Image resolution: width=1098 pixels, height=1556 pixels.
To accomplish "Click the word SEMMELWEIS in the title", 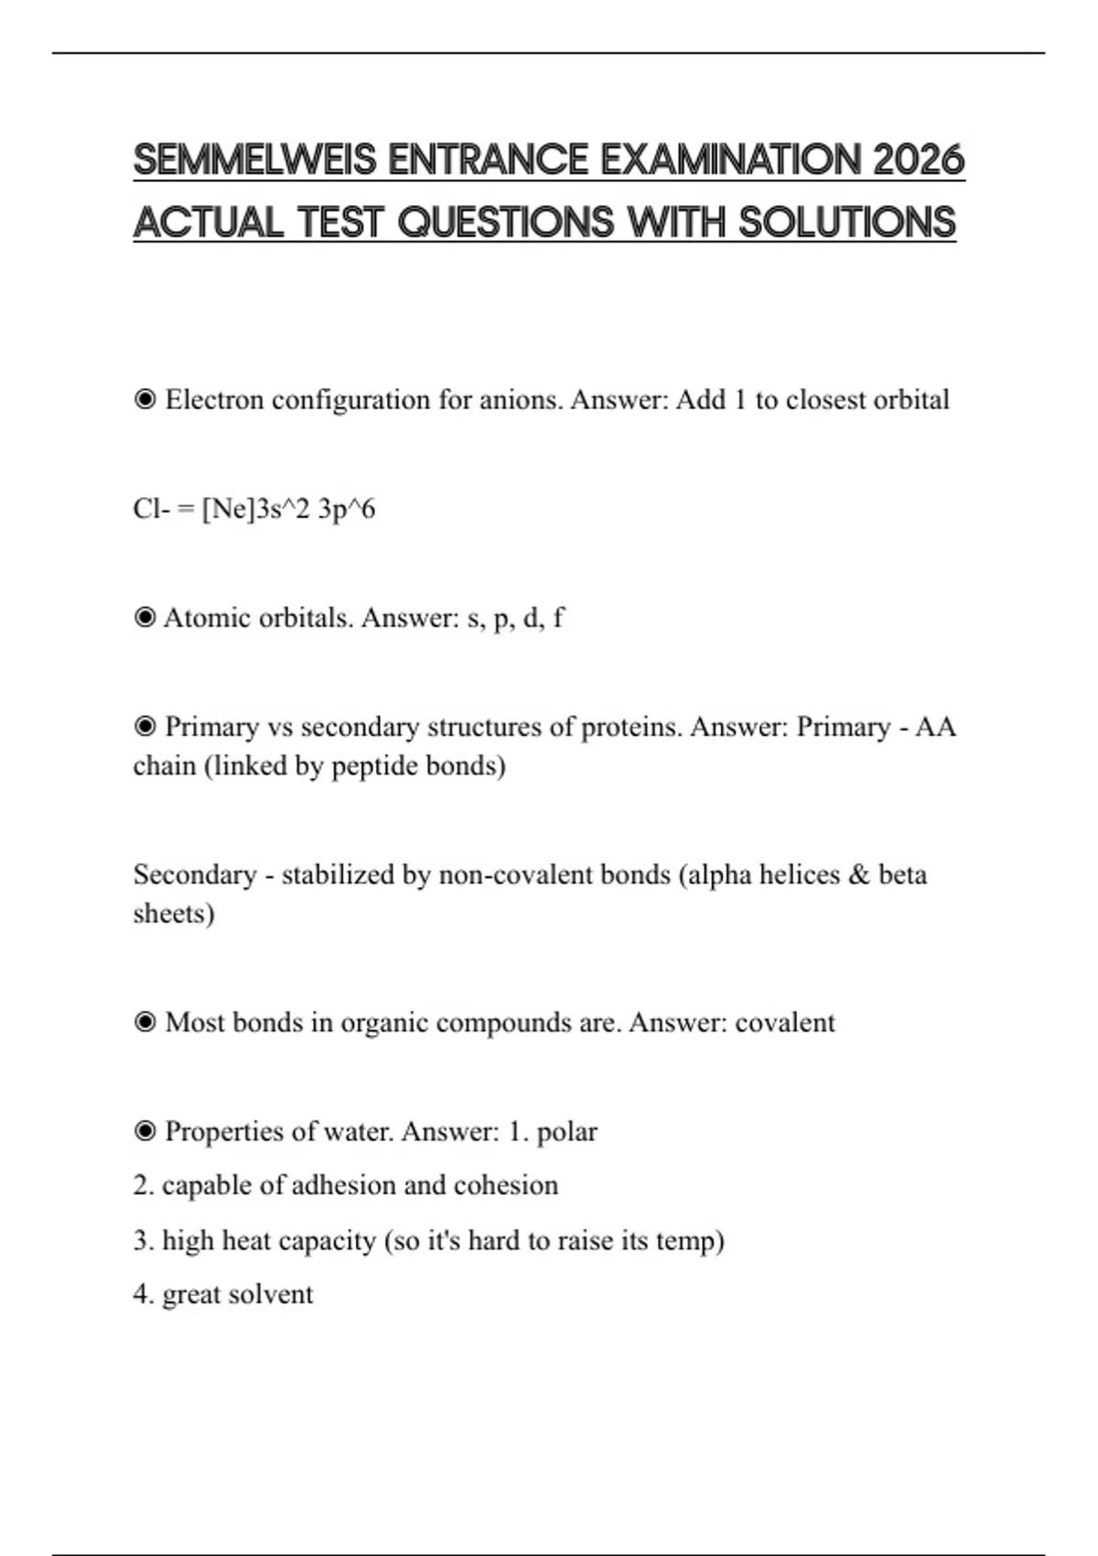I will coord(255,160).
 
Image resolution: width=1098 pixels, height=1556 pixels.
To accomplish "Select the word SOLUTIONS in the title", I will coord(846,223).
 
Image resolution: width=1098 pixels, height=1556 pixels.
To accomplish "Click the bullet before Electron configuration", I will coord(145,400).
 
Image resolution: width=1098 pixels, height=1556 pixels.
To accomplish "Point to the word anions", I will coord(521,400).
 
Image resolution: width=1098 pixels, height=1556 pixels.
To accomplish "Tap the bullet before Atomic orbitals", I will coord(145,618).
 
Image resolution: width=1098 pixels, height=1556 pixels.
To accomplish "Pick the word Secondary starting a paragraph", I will coord(195,875).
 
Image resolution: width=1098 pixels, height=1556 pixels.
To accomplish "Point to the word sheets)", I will coord(174,913).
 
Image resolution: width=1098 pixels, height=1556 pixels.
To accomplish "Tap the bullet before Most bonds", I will coord(145,1022).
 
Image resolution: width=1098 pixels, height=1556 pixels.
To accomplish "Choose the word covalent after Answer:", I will coord(785,1022).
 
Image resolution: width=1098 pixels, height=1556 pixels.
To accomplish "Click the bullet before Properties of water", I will coord(145,1131).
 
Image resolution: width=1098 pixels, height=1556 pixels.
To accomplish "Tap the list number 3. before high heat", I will coord(143,1240).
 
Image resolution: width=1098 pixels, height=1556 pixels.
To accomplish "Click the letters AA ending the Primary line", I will coord(935,727).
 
